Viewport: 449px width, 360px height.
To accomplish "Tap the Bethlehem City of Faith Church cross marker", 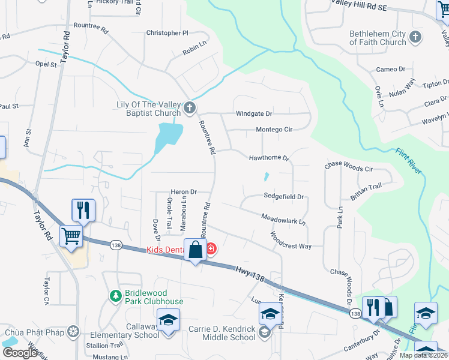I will click(415, 38).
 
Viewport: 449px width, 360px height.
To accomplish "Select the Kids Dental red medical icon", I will click(211, 248).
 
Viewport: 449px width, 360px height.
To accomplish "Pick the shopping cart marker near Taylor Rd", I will click(71, 235).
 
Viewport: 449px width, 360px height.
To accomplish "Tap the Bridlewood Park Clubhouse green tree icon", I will click(115, 296).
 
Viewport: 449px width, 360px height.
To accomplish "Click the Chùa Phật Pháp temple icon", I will click(73, 332).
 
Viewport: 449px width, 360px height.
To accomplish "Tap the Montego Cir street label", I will click(274, 129).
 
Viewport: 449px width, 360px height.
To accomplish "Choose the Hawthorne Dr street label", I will click(270, 158).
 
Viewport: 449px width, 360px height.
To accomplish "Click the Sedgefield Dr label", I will click(284, 196).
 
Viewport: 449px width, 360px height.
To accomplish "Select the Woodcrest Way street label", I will click(290, 241).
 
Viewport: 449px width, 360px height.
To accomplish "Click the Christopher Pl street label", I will click(167, 33).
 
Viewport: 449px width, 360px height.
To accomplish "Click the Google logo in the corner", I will click(20, 352).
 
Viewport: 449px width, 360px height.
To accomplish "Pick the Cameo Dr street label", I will click(391, 70).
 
